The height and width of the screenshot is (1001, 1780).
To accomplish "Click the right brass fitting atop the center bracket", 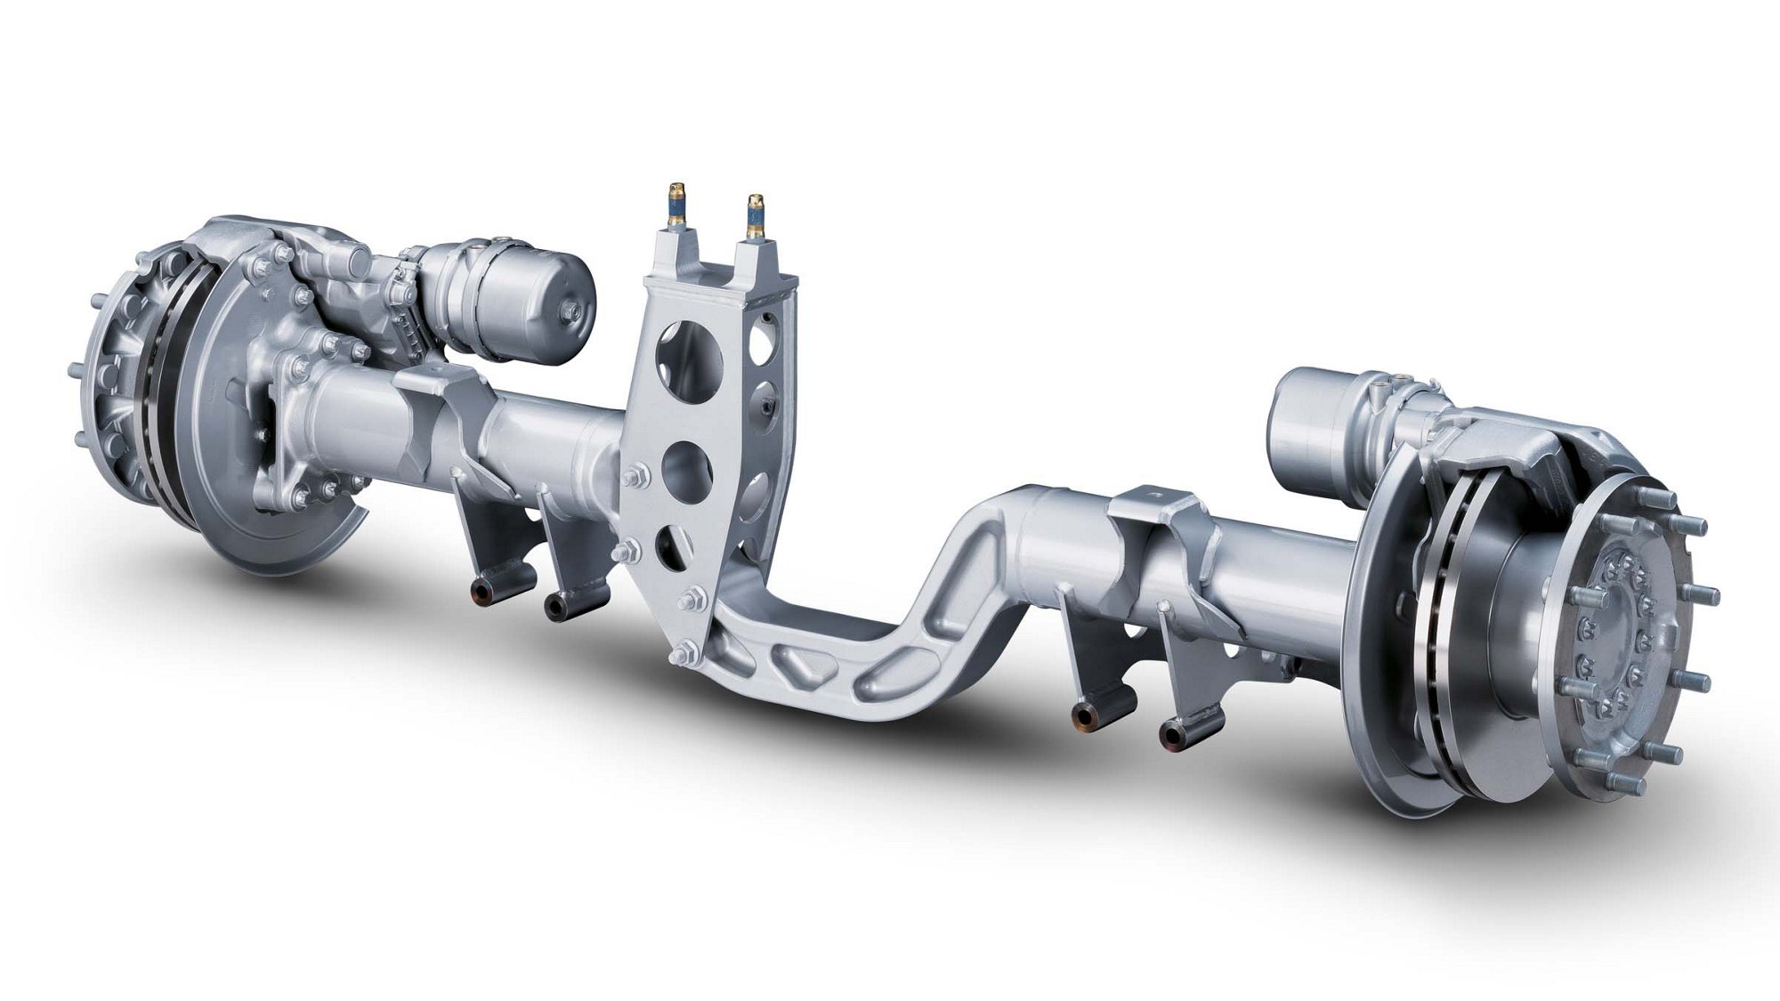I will click(756, 218).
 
